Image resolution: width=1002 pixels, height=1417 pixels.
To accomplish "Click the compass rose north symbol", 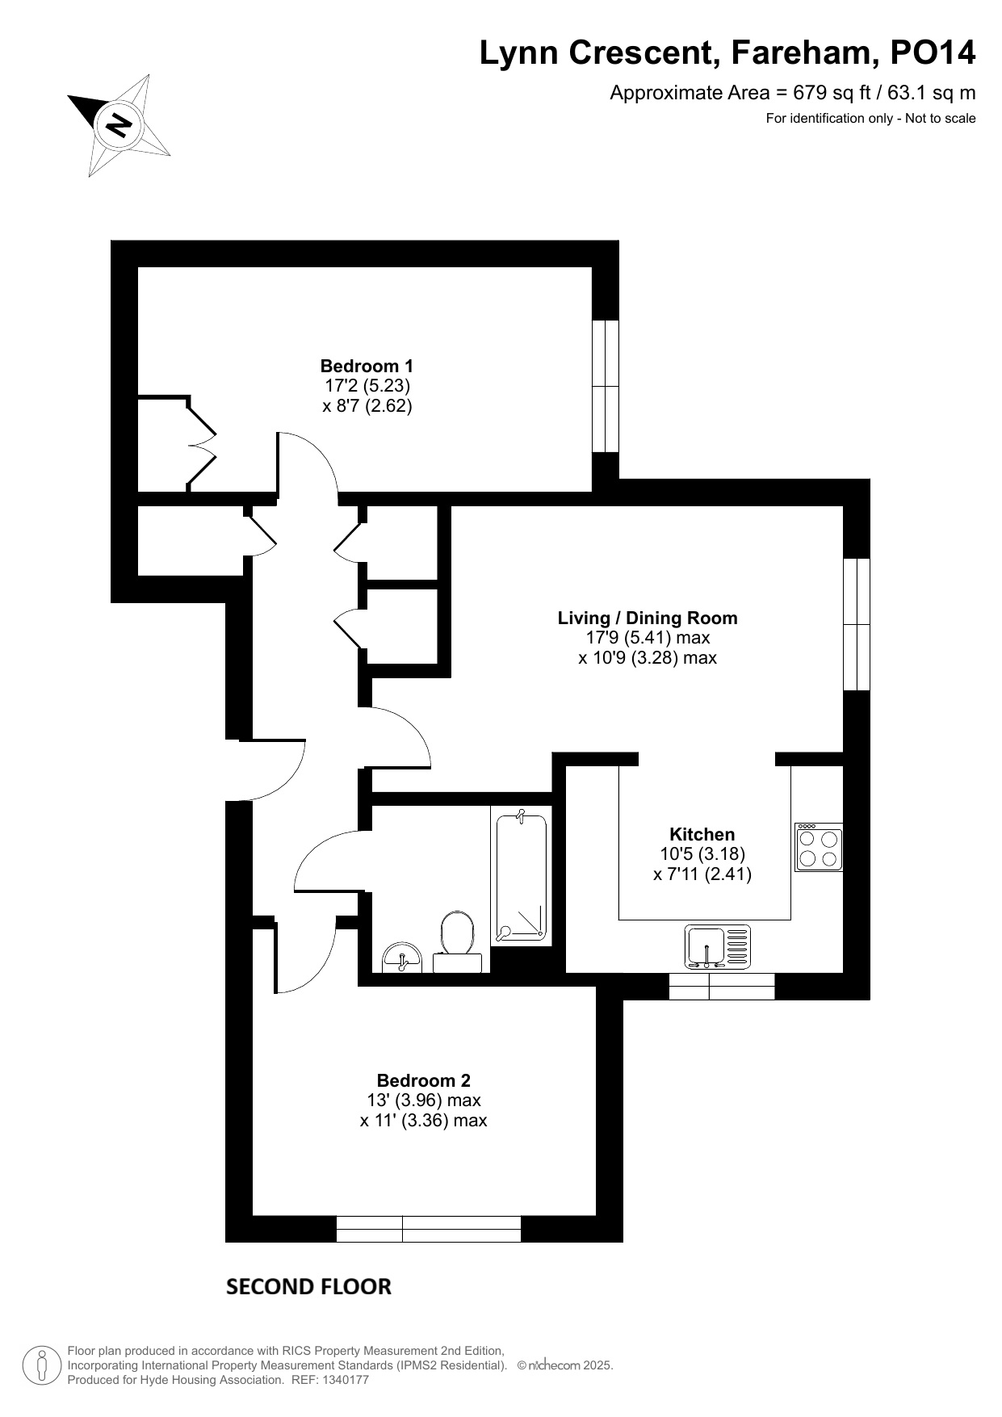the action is (119, 125).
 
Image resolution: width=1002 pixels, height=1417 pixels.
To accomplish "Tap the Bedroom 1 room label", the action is (367, 366).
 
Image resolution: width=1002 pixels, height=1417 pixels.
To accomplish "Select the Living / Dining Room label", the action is (648, 618).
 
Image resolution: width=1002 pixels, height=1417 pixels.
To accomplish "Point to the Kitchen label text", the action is (702, 835).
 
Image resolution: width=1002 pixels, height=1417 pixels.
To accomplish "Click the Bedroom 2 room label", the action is (424, 1080).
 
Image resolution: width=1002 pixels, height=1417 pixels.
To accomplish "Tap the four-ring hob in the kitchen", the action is (819, 847).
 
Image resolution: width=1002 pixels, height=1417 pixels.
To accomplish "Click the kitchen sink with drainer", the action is (718, 946).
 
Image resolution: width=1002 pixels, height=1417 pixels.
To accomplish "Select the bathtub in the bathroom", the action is (521, 877).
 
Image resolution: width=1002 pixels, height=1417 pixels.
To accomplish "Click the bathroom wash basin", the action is (401, 958).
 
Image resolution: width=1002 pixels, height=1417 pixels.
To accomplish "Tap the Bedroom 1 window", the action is (606, 386).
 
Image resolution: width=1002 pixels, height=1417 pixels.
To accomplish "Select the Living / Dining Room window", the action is (857, 624).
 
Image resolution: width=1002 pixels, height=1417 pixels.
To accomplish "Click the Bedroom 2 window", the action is (429, 1229).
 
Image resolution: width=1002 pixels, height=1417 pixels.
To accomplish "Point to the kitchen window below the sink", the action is (722, 987).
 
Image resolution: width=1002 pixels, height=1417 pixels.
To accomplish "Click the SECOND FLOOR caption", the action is (308, 1286).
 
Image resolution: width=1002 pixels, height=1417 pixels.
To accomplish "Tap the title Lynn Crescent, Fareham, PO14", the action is (727, 53).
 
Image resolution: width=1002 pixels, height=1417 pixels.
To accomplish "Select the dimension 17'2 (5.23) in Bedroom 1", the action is (367, 386).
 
